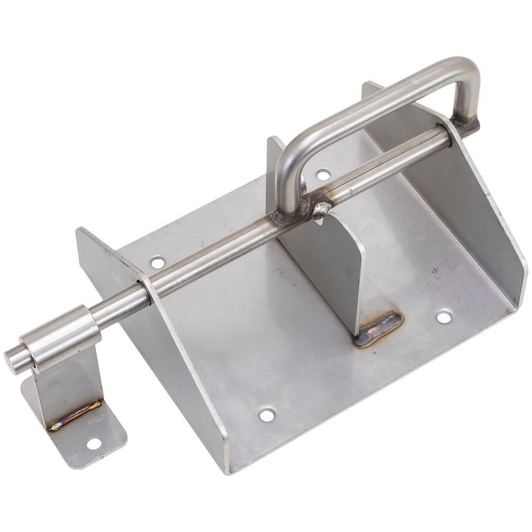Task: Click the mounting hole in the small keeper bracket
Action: coord(94,443)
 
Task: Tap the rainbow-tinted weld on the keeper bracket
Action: coord(74,415)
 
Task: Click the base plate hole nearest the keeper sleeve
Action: coord(157,262)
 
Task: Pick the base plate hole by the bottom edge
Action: coord(267,414)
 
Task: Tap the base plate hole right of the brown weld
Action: coord(444,318)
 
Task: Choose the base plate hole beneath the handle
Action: coord(323,174)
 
